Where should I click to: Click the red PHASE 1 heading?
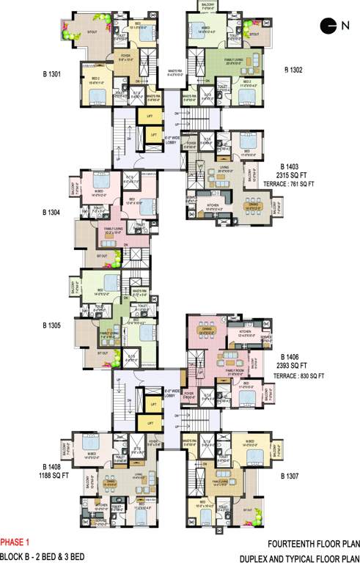(15, 543)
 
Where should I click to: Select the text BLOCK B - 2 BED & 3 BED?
(43, 557)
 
